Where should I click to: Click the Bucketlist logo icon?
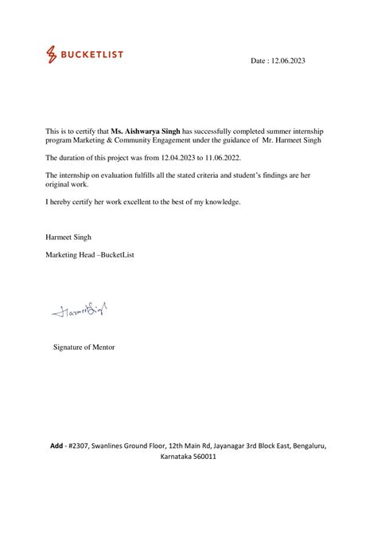[52, 54]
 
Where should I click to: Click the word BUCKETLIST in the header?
[93, 54]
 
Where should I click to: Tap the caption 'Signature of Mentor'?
[84, 347]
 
